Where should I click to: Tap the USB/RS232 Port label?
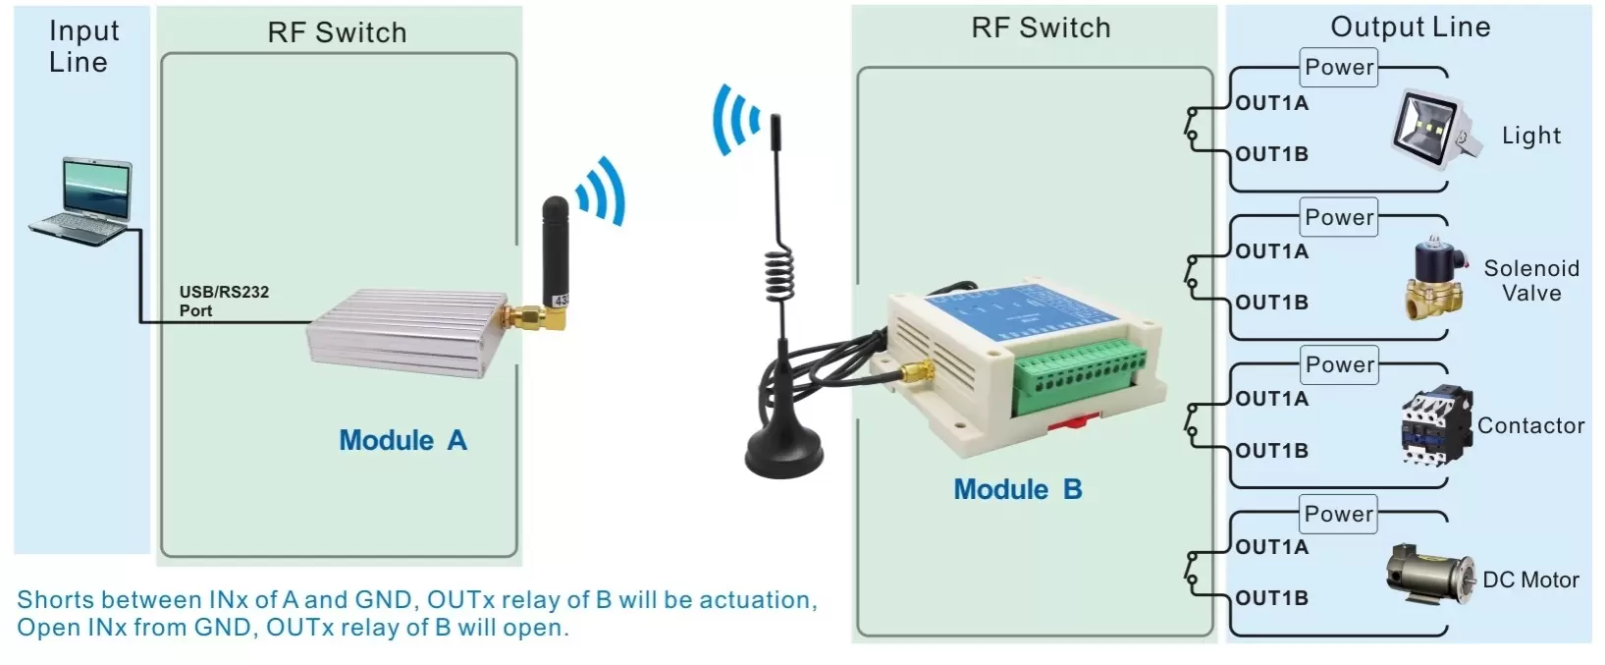pos(223,301)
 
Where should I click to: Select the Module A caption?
pos(402,440)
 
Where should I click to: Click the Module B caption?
pos(1017,489)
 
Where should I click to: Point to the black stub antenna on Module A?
pos(555,246)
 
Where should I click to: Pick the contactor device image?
pos(1435,424)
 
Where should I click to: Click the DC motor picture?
pos(1428,577)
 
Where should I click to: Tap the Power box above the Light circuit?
pos(1339,68)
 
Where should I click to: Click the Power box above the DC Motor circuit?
pos(1339,514)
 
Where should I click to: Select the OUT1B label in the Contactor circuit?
pos(1271,451)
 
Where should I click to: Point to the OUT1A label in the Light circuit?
pos(1271,103)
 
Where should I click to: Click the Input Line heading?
pos(82,46)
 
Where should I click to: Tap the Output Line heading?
pos(1410,28)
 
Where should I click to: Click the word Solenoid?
pos(1530,268)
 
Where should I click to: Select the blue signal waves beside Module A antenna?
pos(601,192)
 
